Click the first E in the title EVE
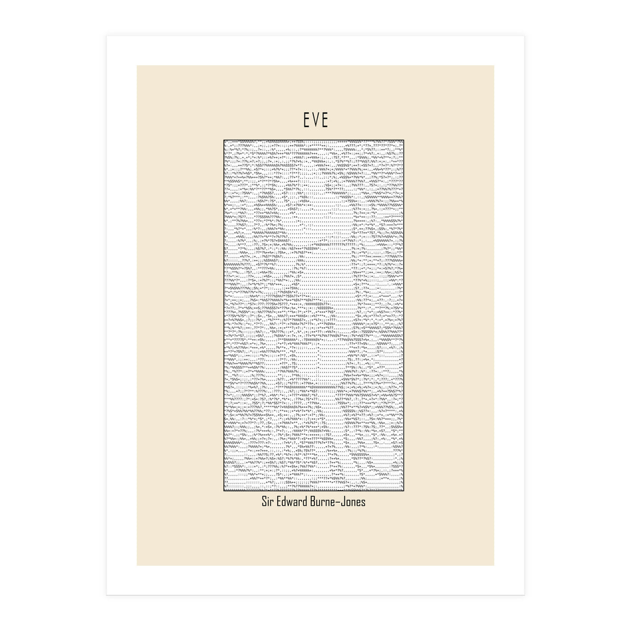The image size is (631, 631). (306, 120)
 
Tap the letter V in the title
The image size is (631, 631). (315, 120)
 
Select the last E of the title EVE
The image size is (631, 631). (325, 120)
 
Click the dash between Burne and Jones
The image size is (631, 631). (343, 503)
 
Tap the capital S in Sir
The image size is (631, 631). (264, 502)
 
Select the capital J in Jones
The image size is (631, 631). (348, 502)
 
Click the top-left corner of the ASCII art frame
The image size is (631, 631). (224, 140)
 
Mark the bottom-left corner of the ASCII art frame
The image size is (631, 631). (224, 491)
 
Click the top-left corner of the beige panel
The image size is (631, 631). (137, 66)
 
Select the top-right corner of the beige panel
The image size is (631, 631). (494, 66)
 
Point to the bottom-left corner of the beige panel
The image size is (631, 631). (137, 565)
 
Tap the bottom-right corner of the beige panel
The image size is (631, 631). (494, 565)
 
